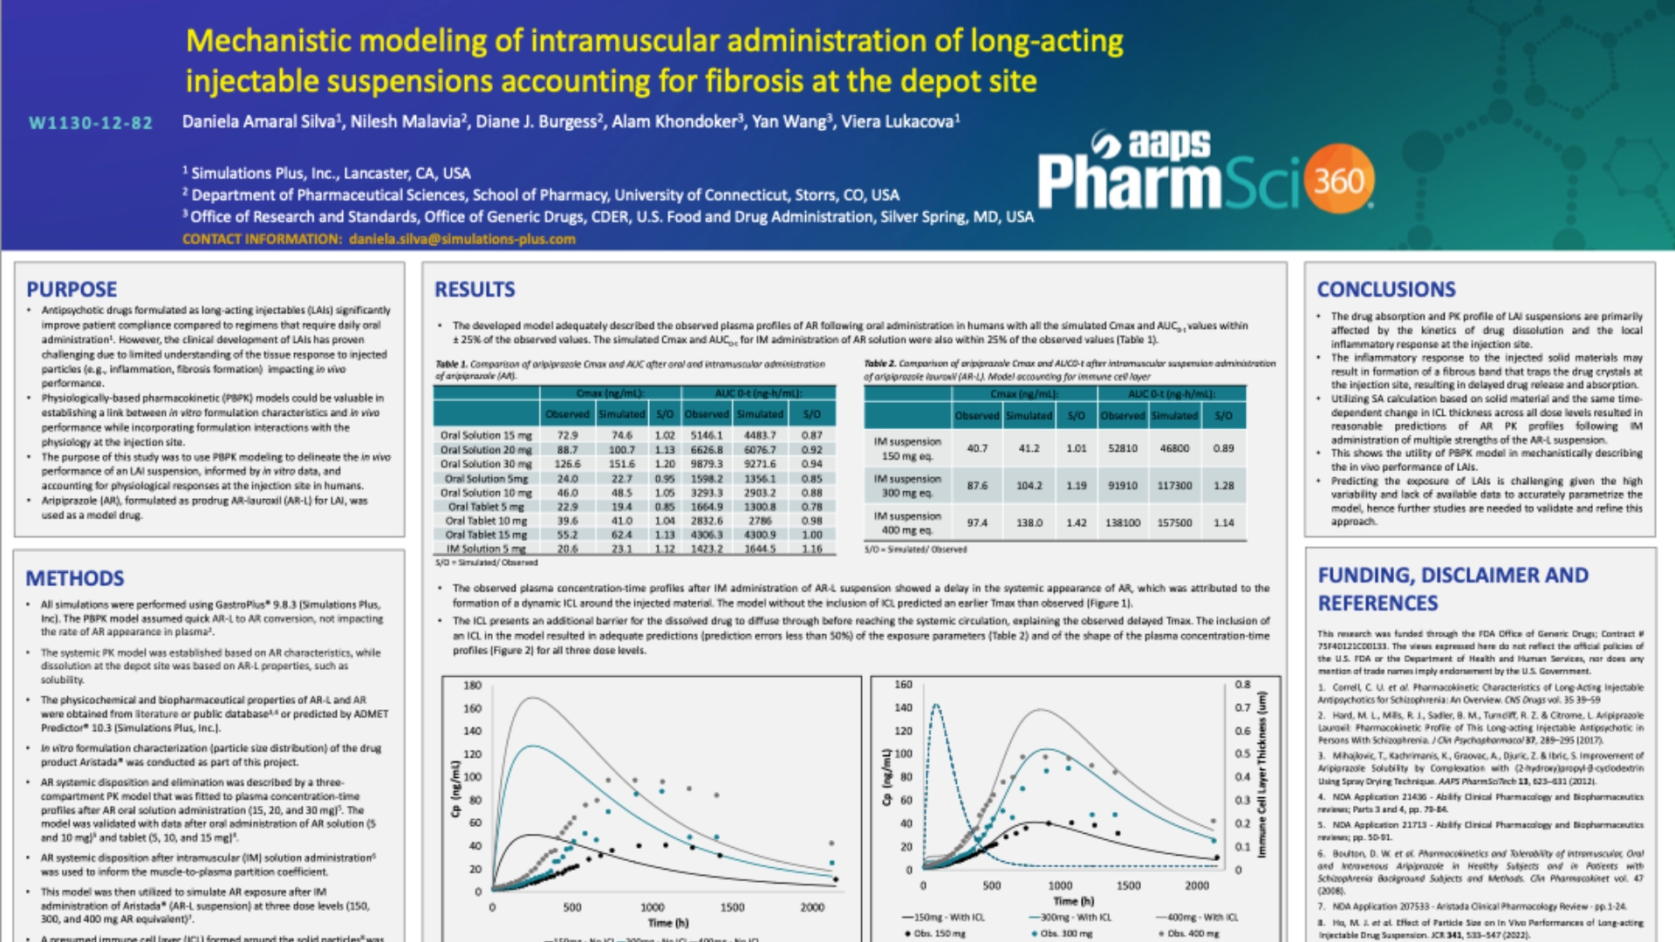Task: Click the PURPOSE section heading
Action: tap(72, 290)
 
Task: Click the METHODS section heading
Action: tap(75, 578)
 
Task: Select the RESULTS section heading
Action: tap(475, 290)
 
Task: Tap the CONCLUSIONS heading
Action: tap(1386, 290)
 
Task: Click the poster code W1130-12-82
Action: tap(91, 123)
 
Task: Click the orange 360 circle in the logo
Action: tap(1339, 181)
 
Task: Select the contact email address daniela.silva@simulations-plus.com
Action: tap(462, 239)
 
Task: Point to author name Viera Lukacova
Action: tap(900, 122)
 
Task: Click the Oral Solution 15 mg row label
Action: tap(485, 435)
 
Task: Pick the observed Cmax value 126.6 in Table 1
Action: tap(567, 464)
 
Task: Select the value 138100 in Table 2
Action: tap(1123, 522)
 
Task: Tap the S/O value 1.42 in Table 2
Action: tap(1077, 522)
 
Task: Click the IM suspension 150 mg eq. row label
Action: tap(907, 448)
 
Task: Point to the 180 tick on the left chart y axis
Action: tap(472, 686)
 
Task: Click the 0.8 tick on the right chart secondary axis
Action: tap(1242, 685)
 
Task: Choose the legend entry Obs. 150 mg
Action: tap(935, 933)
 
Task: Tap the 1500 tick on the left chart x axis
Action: tap(732, 907)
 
